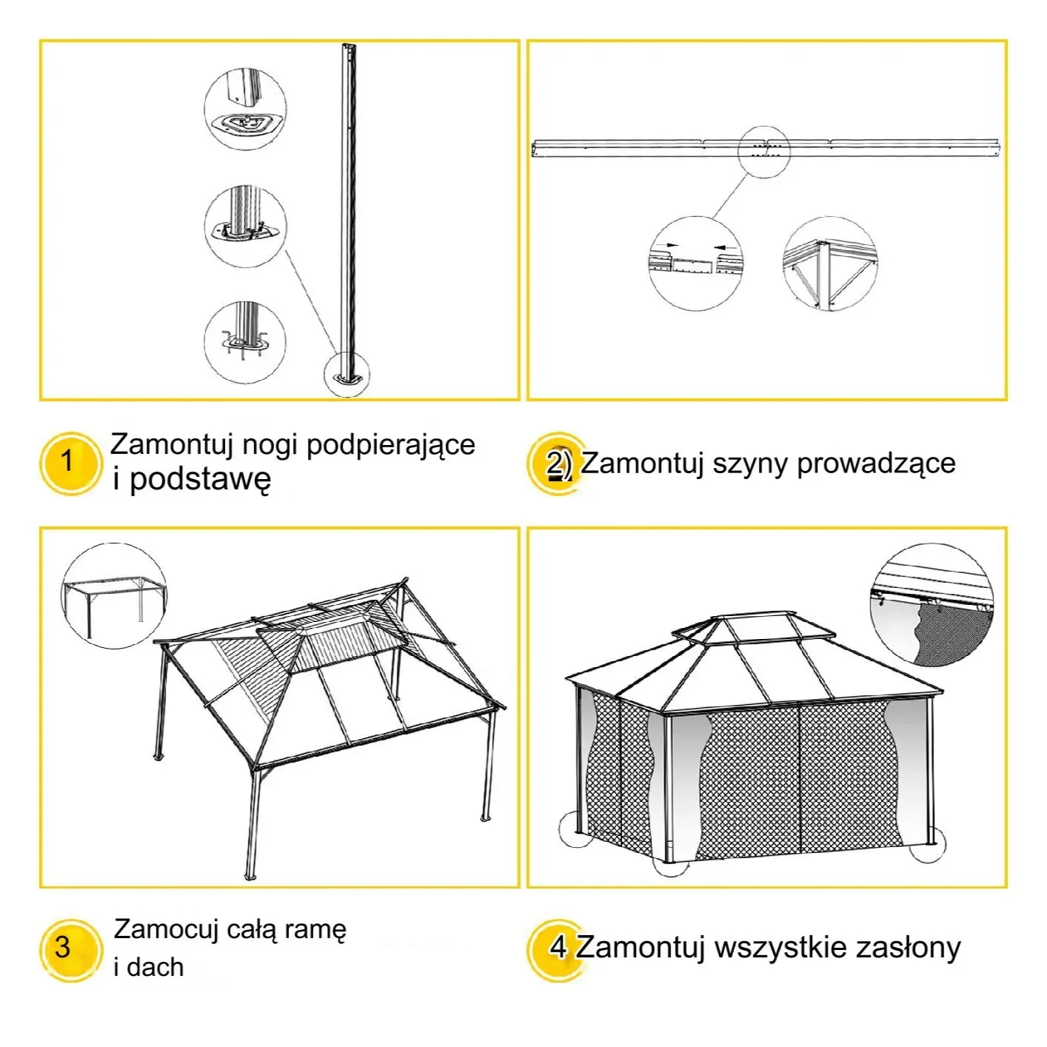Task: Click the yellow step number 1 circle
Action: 68,463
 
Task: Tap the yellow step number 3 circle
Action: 68,950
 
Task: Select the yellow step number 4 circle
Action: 557,949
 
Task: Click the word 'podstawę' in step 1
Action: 200,480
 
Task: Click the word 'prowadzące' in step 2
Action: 876,464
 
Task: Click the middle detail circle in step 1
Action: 245,226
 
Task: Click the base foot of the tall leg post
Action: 347,377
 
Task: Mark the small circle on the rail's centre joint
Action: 763,150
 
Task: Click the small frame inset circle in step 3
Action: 113,596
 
